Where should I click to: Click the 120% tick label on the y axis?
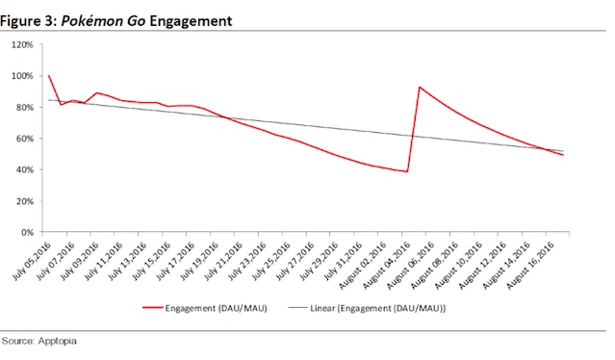click(x=22, y=44)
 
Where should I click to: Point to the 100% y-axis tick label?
click(x=22, y=76)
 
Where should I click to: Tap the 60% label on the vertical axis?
click(x=24, y=139)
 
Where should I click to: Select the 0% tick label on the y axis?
click(x=27, y=233)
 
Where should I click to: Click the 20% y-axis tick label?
click(x=24, y=201)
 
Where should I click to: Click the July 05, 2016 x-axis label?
click(x=32, y=261)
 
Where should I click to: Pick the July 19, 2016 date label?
click(x=199, y=261)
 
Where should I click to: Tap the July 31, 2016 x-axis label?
click(x=343, y=261)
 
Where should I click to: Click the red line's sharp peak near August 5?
click(x=420, y=87)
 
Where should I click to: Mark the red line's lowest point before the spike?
click(x=407, y=171)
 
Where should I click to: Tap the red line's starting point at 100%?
click(x=49, y=75)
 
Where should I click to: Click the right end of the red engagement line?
click(x=563, y=155)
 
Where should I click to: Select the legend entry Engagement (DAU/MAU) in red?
click(x=205, y=308)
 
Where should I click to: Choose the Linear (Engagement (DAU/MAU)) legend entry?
click(x=367, y=308)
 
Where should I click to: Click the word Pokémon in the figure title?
click(x=92, y=21)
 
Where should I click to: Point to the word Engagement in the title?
click(x=191, y=21)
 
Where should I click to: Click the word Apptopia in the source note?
click(x=57, y=341)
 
